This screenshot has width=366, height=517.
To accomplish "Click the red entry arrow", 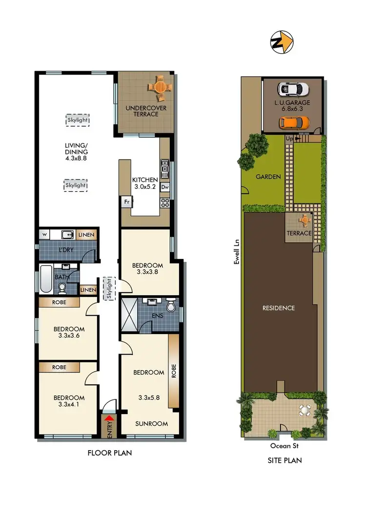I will [x=110, y=418].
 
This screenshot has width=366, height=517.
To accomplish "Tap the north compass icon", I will [x=282, y=42].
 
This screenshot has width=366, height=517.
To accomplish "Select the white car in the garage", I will [x=293, y=89].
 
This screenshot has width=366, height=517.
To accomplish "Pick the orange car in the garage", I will [x=294, y=124].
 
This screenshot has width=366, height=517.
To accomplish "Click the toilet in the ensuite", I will [x=170, y=306].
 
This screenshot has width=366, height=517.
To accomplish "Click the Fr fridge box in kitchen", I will [x=126, y=201].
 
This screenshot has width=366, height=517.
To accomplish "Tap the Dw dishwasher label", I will [x=165, y=187].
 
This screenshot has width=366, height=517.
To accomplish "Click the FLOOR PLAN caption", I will [x=109, y=453].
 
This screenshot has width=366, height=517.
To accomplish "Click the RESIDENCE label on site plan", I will [x=279, y=308].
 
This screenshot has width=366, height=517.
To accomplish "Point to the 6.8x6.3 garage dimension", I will [x=292, y=110].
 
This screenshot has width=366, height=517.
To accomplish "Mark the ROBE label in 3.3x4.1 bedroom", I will [x=60, y=367].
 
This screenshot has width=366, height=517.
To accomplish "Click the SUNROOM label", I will [x=151, y=423].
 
